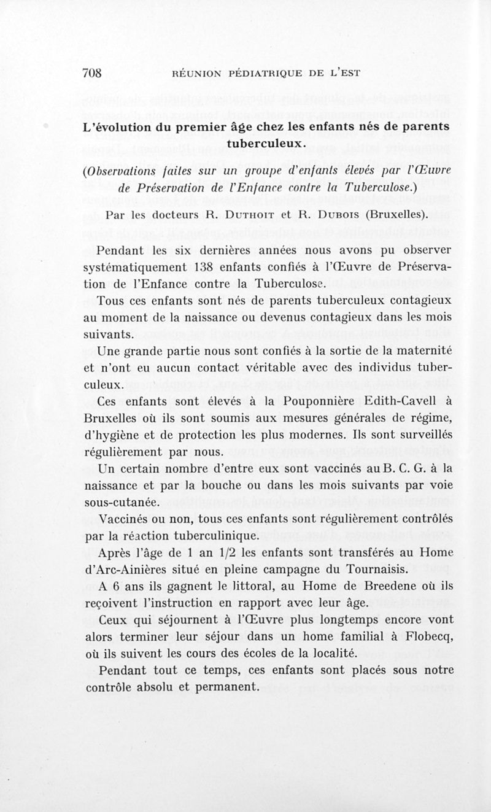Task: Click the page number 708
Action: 91,72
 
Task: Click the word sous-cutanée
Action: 114,501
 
